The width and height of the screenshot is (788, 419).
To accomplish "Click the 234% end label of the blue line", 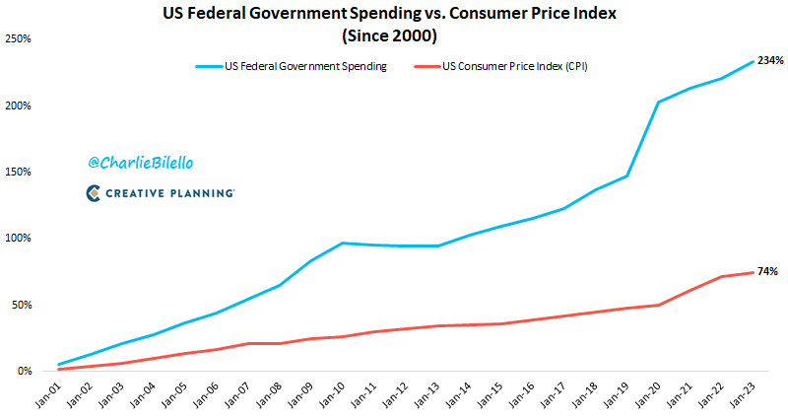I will pyautogui.click(x=770, y=61).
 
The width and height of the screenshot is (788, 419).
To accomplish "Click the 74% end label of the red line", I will pyautogui.click(x=767, y=271).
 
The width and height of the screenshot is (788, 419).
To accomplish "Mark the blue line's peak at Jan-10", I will pyautogui.click(x=343, y=243).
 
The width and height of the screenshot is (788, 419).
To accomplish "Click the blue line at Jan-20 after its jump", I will pyautogui.click(x=658, y=102).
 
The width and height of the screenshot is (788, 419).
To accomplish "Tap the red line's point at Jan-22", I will pyautogui.click(x=722, y=277).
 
